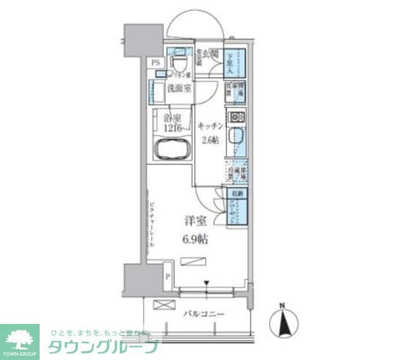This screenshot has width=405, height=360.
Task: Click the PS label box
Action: coord(156,63)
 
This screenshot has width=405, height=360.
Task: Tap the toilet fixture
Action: coord(179,63)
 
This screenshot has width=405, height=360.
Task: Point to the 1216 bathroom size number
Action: coord(172,128)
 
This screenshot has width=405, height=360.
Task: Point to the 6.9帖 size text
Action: coord(196,239)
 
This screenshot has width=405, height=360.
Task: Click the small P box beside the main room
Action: coord(167,276)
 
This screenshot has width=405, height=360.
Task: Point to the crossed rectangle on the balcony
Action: coord(162,304)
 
